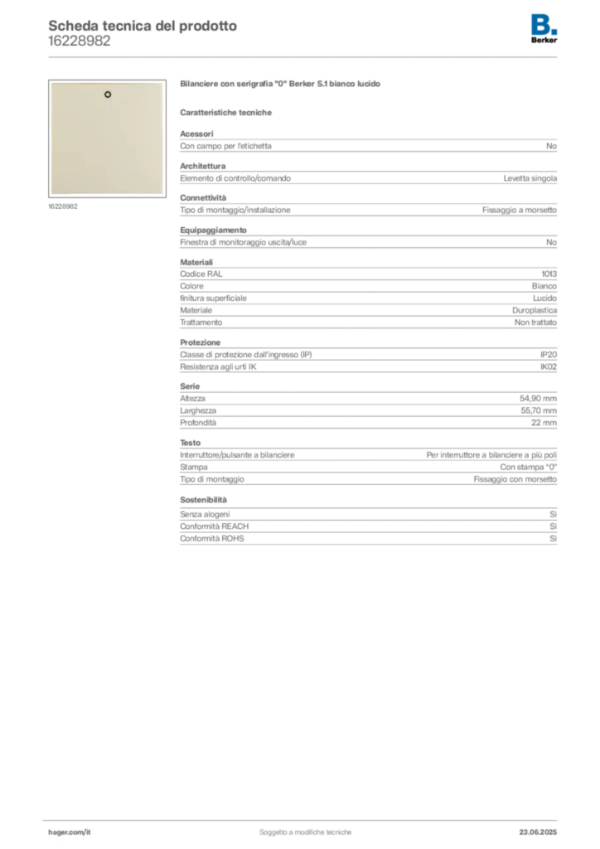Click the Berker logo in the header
(x=544, y=29)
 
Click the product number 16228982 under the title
(x=79, y=41)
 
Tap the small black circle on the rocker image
(x=108, y=95)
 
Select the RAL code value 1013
(x=549, y=274)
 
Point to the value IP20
(x=548, y=355)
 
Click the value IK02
(x=548, y=366)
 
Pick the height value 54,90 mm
(x=538, y=399)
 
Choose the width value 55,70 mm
(x=539, y=410)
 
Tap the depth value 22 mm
(x=544, y=422)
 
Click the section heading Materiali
(x=196, y=262)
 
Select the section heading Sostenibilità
(x=203, y=500)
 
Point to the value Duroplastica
(x=535, y=310)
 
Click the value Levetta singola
(x=530, y=178)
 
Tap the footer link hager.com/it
(x=70, y=832)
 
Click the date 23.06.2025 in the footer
(x=538, y=832)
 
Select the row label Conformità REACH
(x=215, y=526)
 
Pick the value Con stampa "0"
(x=528, y=467)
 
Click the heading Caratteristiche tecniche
(x=225, y=113)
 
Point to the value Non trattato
(x=535, y=323)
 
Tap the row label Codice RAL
(x=201, y=274)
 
